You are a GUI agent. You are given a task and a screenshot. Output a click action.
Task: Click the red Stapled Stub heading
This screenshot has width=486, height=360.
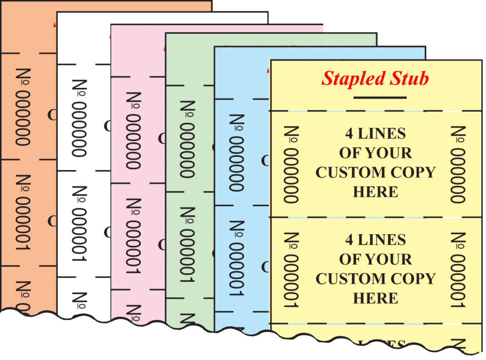click(375, 78)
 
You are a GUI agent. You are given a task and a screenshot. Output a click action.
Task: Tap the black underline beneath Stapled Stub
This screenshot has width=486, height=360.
click(380, 98)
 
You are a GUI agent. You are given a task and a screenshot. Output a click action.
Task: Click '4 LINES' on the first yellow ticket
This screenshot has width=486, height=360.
click(375, 133)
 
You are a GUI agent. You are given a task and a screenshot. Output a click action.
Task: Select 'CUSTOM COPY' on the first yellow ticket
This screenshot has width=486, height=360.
click(375, 172)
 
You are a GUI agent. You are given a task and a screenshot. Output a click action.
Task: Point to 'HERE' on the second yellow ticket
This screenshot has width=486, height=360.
click(375, 298)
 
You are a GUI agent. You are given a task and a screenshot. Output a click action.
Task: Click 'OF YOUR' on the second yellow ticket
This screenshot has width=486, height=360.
click(375, 259)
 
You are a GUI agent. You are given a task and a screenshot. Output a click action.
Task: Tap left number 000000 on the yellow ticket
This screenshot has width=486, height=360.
click(291, 164)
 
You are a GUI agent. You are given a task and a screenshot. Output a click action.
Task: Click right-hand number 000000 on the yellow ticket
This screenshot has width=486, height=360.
click(458, 164)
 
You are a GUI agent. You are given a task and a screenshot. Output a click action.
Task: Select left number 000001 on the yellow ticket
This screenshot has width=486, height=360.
click(291, 270)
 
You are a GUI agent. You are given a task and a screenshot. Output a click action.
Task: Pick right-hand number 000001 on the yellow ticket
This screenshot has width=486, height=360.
click(458, 270)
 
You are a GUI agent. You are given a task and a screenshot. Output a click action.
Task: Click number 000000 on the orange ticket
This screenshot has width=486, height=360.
click(23, 107)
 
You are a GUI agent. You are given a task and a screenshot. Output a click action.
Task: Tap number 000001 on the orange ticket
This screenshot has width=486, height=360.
click(23, 213)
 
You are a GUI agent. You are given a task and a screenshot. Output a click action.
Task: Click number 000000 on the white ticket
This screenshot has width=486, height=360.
click(80, 118)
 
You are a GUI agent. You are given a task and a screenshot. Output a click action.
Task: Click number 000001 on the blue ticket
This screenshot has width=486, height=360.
click(237, 259)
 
